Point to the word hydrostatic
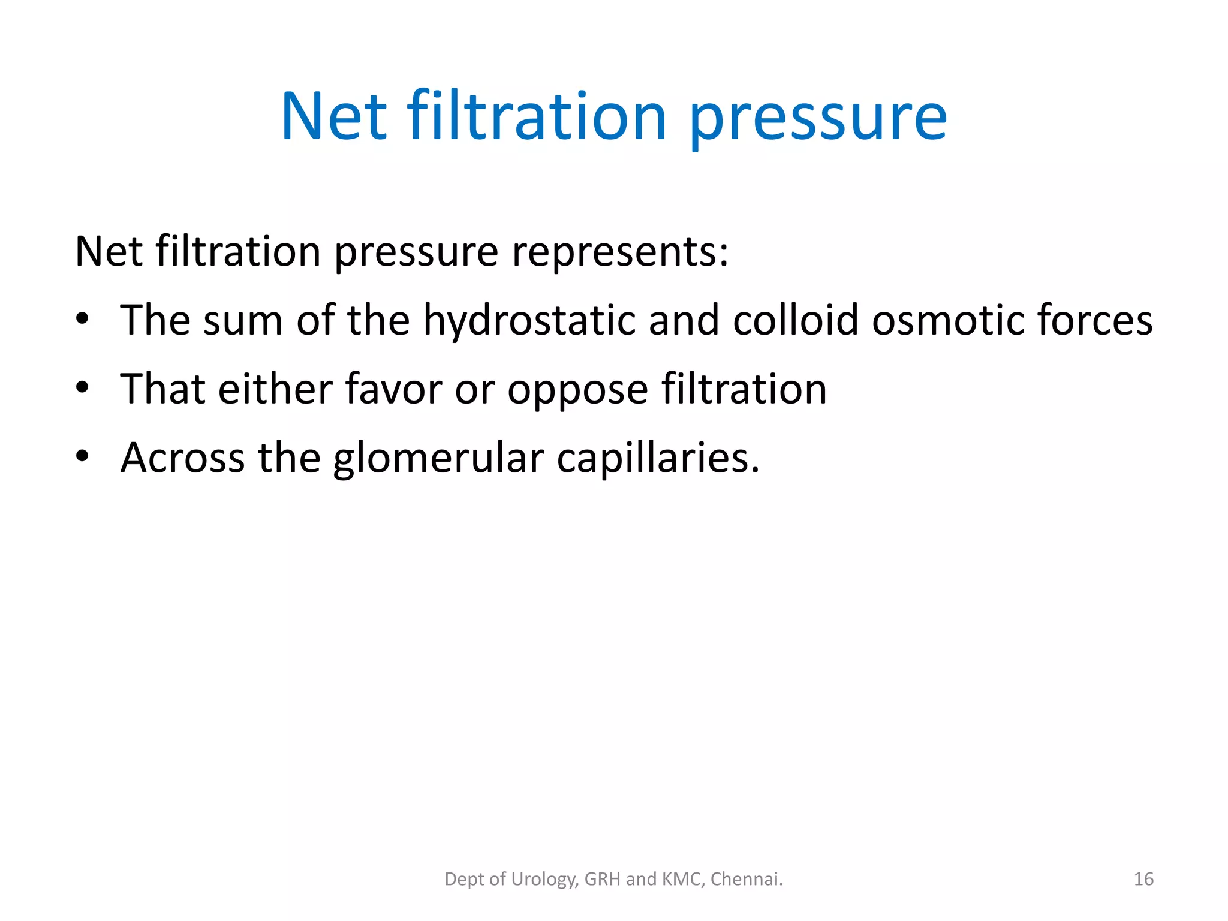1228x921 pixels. pyautogui.click(x=529, y=320)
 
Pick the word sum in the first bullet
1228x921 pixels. pyautogui.click(x=243, y=320)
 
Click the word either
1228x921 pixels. pyautogui.click(x=275, y=389)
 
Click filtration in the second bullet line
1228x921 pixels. pyautogui.click(x=744, y=389)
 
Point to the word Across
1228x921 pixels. pyautogui.click(x=183, y=458)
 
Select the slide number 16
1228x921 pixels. pyautogui.click(x=1143, y=879)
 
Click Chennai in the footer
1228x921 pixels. pyautogui.click(x=747, y=879)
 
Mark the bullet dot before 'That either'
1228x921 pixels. pyautogui.click(x=83, y=387)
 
